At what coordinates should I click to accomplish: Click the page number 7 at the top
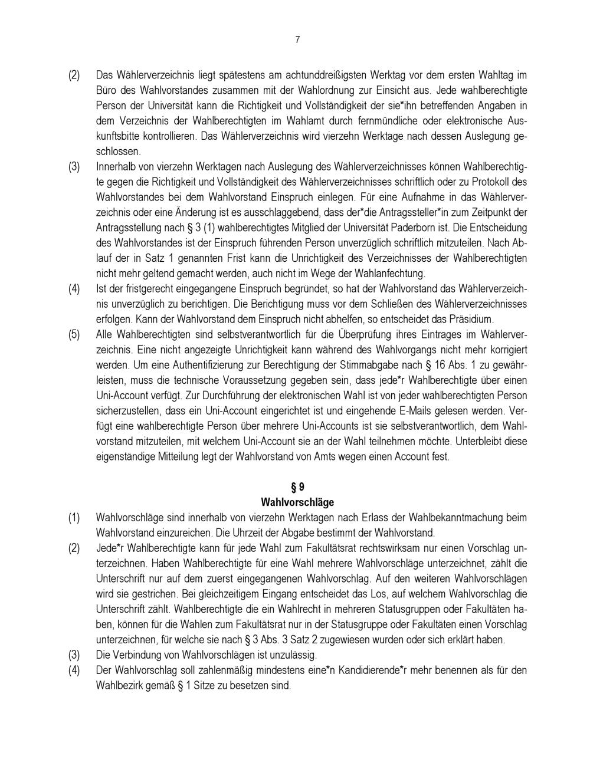[297, 40]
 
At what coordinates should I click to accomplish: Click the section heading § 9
[297, 488]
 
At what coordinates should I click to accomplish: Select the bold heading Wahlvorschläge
[297, 502]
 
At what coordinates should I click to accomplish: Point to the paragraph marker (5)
[74, 334]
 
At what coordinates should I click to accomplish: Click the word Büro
[106, 91]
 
